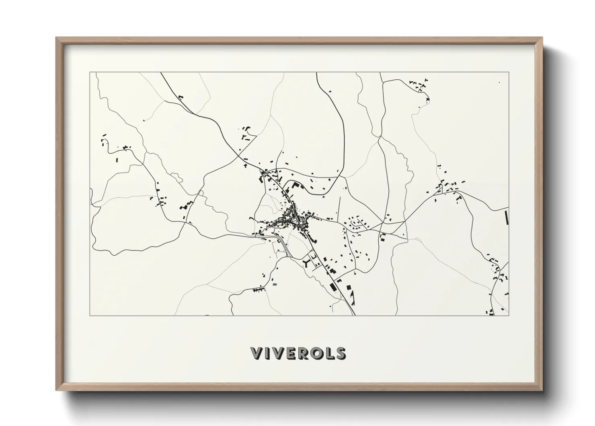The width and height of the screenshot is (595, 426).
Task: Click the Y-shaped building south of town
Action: pyautogui.click(x=306, y=263)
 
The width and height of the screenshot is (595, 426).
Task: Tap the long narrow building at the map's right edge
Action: pyautogui.click(x=506, y=217)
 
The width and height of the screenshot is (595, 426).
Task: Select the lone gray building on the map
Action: pyautogui.click(x=275, y=284)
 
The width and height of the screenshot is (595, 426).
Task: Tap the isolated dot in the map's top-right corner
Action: pyautogui.click(x=499, y=83)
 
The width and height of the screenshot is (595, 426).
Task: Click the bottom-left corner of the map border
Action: pyautogui.click(x=90, y=315)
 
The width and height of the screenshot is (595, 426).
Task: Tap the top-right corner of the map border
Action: pyautogui.click(x=509, y=72)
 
